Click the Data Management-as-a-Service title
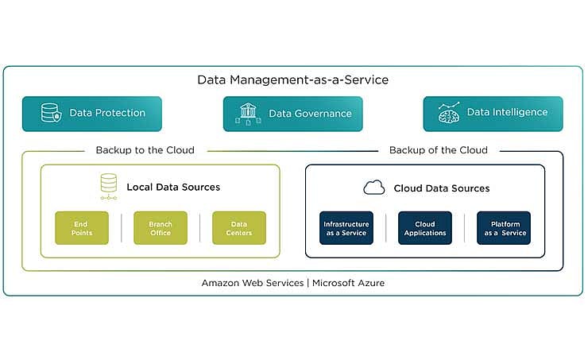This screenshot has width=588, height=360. pyautogui.click(x=293, y=80)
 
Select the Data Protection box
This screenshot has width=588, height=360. pyautogui.click(x=91, y=114)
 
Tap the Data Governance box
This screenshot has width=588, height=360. pyautogui.click(x=292, y=114)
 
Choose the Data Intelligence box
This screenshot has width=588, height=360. pyautogui.click(x=493, y=114)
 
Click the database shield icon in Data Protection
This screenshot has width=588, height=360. pyautogui.click(x=51, y=114)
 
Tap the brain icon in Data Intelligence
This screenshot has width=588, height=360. pyautogui.click(x=449, y=114)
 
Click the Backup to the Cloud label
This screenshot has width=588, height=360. pyautogui.click(x=145, y=150)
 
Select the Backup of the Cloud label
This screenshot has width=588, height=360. pyautogui.click(x=438, y=150)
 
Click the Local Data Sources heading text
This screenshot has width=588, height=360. pyautogui.click(x=173, y=188)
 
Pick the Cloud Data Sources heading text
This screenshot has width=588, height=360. pyautogui.click(x=441, y=188)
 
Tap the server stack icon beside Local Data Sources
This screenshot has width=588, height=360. pyautogui.click(x=109, y=187)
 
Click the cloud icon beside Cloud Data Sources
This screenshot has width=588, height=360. pyautogui.click(x=373, y=188)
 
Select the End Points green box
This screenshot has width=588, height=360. pyautogui.click(x=82, y=228)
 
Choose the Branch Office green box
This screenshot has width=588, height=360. pyautogui.click(x=160, y=228)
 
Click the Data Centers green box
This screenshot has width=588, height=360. pyautogui.click(x=238, y=228)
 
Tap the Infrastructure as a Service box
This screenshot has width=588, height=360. pyautogui.click(x=346, y=228)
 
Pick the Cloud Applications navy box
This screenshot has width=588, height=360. pyautogui.click(x=424, y=228)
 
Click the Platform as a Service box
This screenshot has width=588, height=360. pyautogui.click(x=503, y=228)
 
